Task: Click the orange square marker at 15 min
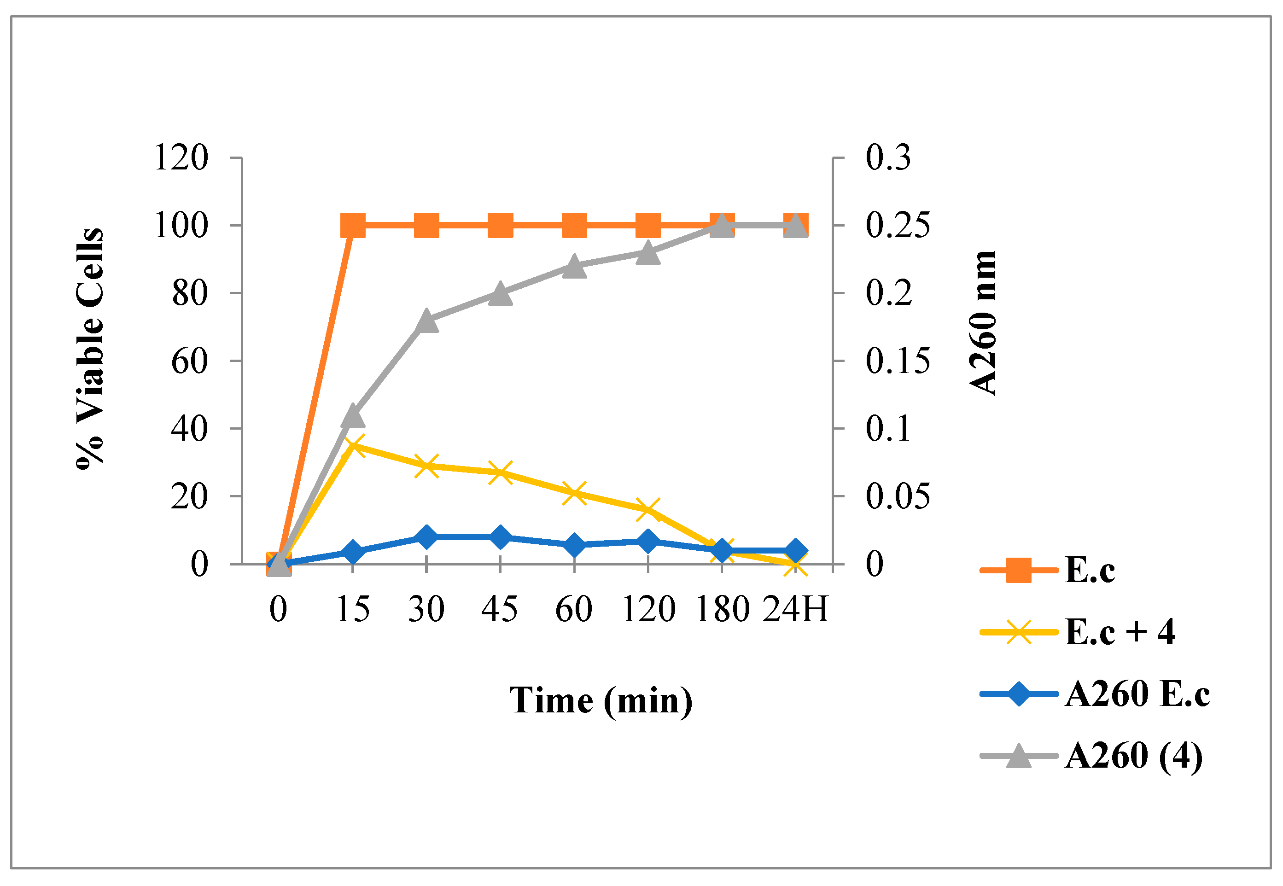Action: click(353, 225)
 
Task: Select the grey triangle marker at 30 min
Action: click(426, 321)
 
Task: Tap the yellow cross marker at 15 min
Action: click(353, 446)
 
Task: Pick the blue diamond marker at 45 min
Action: click(500, 537)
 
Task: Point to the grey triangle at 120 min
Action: click(648, 253)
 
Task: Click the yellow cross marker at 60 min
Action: click(574, 493)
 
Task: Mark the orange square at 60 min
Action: click(574, 225)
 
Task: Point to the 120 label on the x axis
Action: click(648, 609)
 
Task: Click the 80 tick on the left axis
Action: click(189, 294)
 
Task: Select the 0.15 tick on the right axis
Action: click(897, 361)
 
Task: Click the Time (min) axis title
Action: click(601, 700)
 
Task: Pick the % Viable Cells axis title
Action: click(90, 349)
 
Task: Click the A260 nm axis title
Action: click(983, 323)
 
